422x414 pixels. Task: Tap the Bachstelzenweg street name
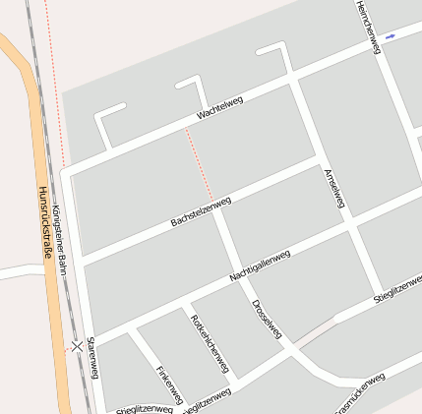[x=201, y=211]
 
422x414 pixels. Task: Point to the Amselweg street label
[x=334, y=187]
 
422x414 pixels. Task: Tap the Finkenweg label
[x=169, y=384]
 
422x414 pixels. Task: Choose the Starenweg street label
[x=92, y=357]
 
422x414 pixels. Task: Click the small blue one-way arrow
[x=391, y=36]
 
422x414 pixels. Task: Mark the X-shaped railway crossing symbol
[x=76, y=346]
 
